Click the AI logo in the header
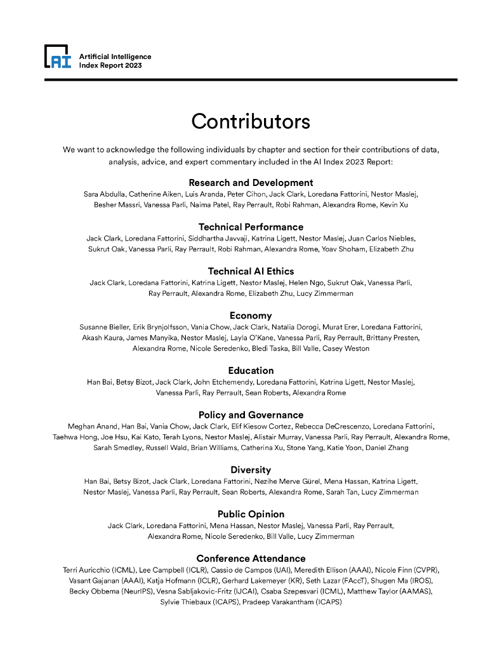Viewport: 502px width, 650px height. click(x=57, y=57)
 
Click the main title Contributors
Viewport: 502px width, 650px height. click(x=251, y=121)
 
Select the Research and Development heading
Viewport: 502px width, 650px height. click(x=251, y=183)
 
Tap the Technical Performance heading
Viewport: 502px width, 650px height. click(x=251, y=227)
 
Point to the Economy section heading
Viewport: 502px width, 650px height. click(x=251, y=315)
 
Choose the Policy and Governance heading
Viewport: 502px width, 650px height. click(x=251, y=415)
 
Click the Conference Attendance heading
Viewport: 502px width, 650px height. click(x=251, y=559)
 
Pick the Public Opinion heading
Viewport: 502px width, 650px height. click(x=251, y=514)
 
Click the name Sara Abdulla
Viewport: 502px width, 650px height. click(x=103, y=194)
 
